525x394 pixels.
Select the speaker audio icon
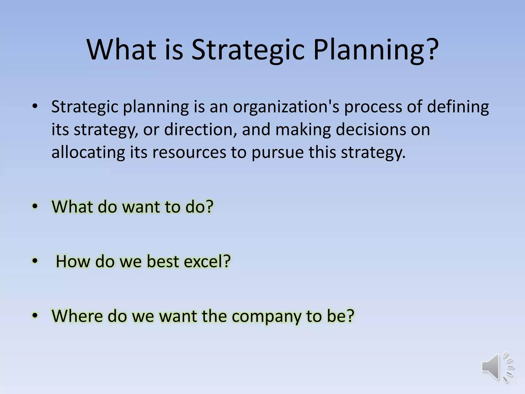click(498, 367)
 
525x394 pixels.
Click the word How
click(73, 261)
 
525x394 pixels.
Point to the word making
click(303, 129)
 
